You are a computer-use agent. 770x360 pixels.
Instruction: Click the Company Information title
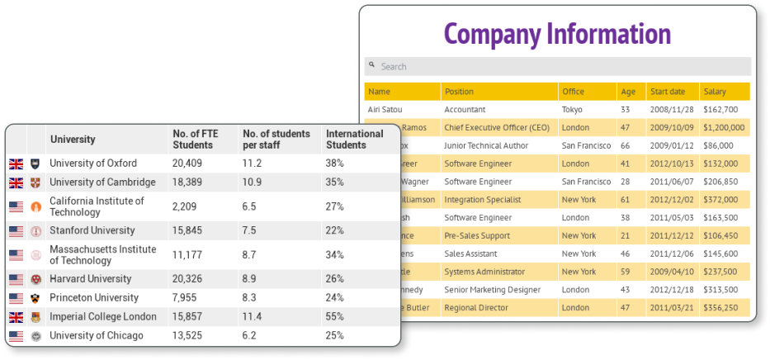click(x=557, y=35)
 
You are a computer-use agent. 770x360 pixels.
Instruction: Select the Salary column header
click(x=714, y=91)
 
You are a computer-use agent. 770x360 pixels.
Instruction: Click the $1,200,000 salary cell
click(x=724, y=127)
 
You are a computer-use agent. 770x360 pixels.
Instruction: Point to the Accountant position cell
click(x=465, y=109)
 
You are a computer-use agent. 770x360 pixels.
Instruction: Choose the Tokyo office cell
click(x=572, y=109)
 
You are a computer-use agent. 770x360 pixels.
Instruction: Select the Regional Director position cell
click(x=478, y=308)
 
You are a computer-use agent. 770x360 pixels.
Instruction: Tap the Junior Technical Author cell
click(x=485, y=145)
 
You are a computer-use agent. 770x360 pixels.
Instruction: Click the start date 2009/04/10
click(x=671, y=272)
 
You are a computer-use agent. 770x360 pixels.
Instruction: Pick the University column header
click(x=73, y=140)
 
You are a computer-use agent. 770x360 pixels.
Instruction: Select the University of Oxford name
click(x=93, y=163)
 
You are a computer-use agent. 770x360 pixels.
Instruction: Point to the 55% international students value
click(x=335, y=317)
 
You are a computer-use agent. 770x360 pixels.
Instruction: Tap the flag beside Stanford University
click(x=16, y=231)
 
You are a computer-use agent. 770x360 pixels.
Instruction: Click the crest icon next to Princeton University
click(x=35, y=298)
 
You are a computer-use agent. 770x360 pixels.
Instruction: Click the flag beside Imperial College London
click(x=16, y=317)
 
